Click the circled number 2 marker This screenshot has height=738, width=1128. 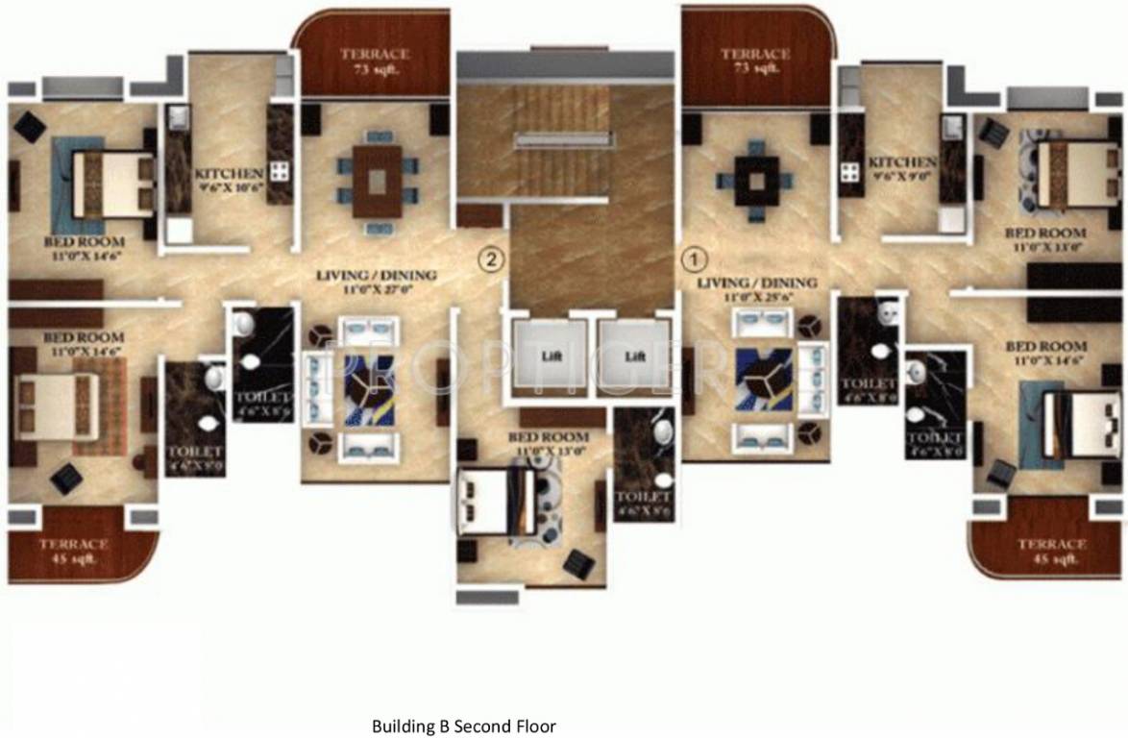(491, 258)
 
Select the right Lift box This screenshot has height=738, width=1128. (633, 355)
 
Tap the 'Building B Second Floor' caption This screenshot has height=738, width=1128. (464, 726)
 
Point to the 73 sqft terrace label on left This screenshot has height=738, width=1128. (375, 61)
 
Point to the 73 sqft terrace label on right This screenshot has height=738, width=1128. (755, 61)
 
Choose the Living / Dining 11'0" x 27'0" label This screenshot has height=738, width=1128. (376, 282)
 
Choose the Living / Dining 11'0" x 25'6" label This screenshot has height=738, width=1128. (757, 289)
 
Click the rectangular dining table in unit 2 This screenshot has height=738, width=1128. (378, 181)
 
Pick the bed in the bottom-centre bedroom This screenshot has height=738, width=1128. (500, 501)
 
